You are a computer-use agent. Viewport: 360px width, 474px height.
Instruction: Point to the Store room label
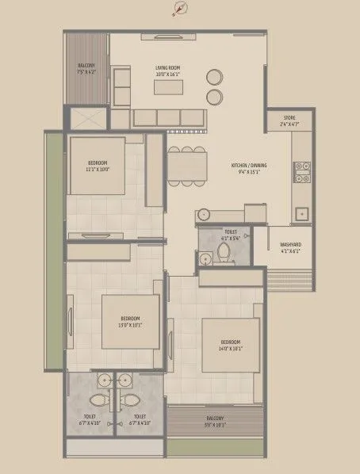289,120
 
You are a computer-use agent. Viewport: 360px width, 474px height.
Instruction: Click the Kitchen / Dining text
248,169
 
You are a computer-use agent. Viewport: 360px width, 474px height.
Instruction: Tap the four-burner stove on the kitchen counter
301,167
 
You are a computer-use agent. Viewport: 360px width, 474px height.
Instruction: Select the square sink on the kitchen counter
301,212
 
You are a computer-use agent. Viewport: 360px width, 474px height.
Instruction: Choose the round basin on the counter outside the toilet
204,213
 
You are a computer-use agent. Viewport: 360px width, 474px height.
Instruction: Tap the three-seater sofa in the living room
168,117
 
